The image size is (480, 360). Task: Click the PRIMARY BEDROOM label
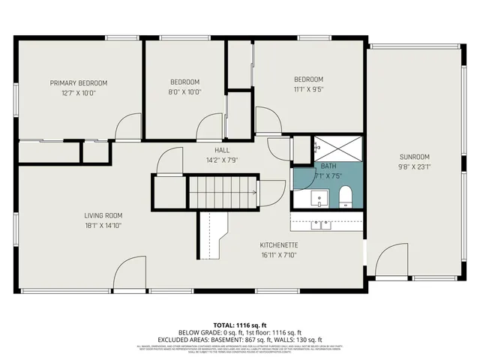click(x=78, y=82)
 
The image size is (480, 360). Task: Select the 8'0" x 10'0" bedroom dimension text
click(x=184, y=91)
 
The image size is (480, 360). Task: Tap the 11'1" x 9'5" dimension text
click(x=308, y=89)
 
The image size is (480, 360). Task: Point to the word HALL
click(x=201, y=150)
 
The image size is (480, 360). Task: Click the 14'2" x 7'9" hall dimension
click(x=201, y=160)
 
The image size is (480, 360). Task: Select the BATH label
click(x=328, y=166)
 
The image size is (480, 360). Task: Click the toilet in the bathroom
click(x=346, y=198)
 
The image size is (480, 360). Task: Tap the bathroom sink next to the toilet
click(x=319, y=199)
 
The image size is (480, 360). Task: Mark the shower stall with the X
click(x=337, y=148)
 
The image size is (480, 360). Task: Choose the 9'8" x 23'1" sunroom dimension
click(x=413, y=166)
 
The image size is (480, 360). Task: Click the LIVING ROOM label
click(x=103, y=215)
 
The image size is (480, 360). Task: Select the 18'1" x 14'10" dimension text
click(x=103, y=225)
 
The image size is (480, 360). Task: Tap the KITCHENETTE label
click(x=279, y=245)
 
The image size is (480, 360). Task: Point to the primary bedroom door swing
click(x=128, y=126)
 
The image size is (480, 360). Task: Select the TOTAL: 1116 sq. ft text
click(x=239, y=324)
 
